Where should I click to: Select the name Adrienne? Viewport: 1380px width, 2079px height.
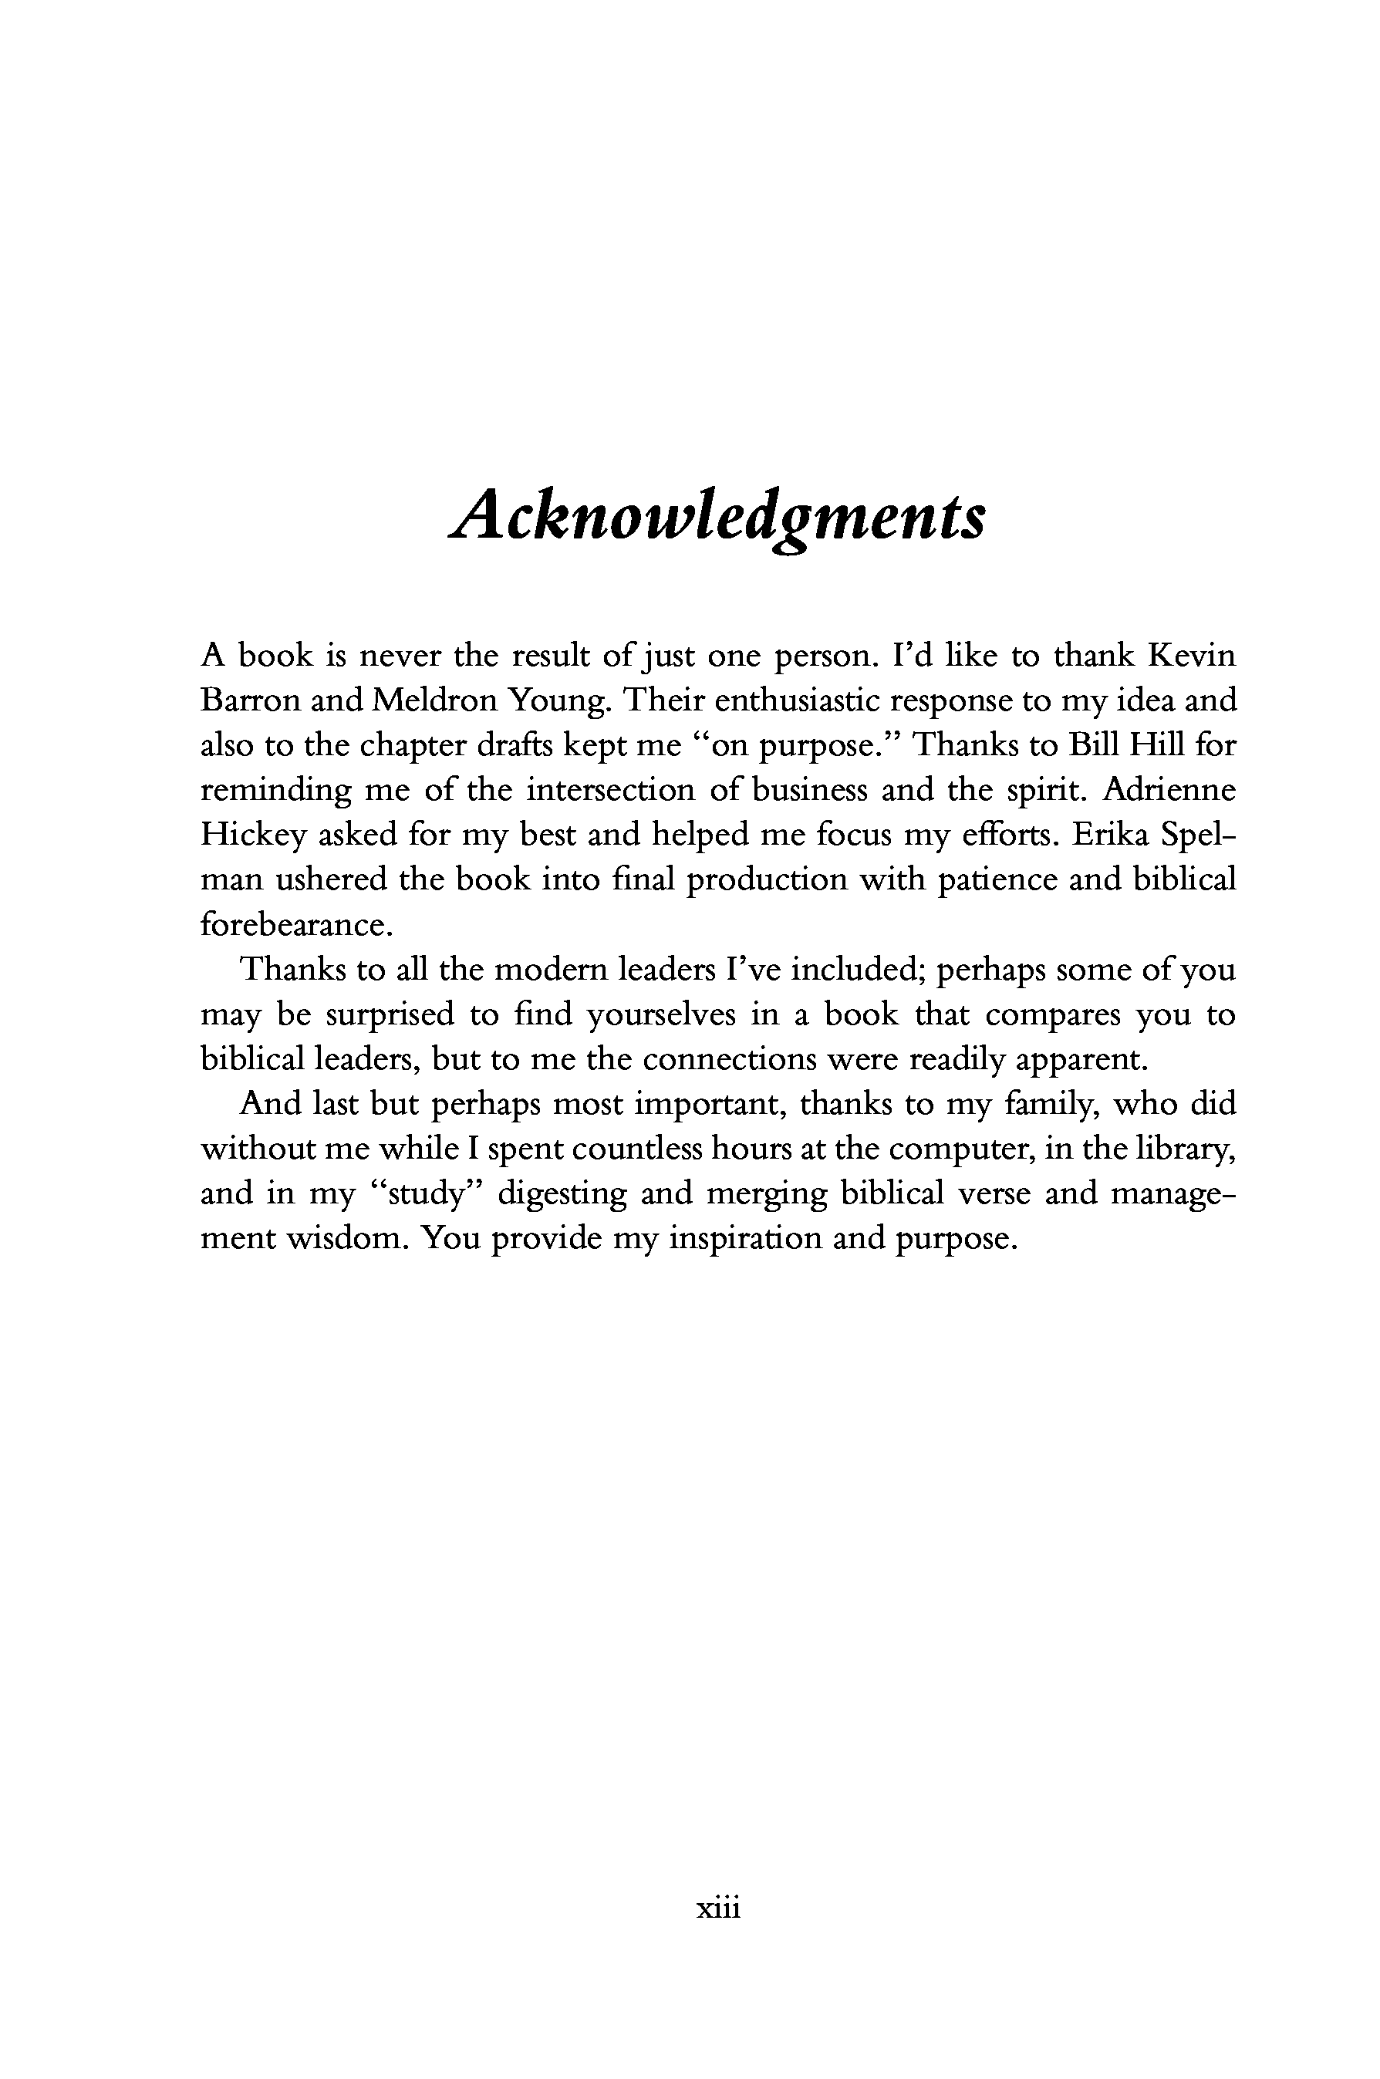[1169, 791]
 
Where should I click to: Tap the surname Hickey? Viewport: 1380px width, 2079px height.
[251, 835]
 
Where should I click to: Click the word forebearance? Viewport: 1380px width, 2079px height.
[294, 925]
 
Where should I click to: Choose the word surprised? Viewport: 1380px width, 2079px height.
[390, 1015]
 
